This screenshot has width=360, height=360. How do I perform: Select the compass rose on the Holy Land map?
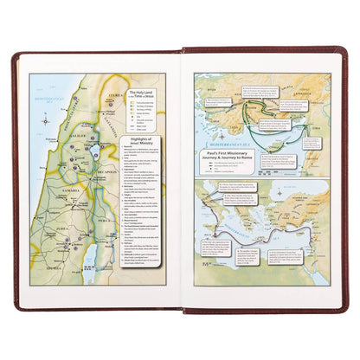tap(44, 120)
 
